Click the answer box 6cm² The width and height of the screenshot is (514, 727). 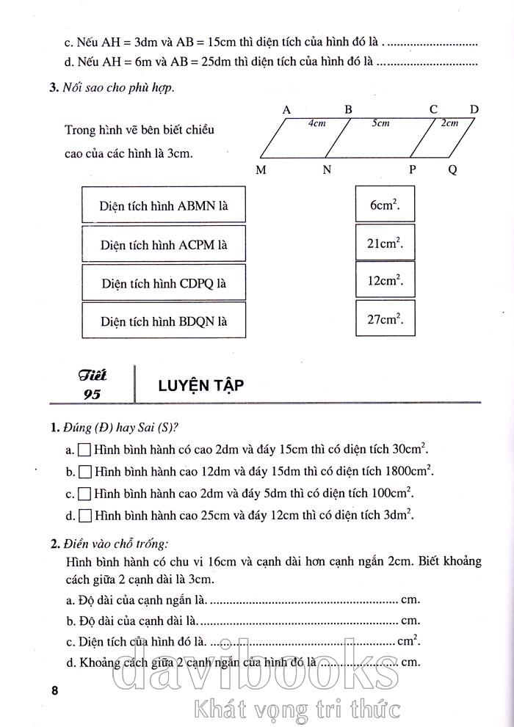tap(385, 205)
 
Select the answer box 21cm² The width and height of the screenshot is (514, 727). tap(385, 244)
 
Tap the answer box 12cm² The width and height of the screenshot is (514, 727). tap(385, 282)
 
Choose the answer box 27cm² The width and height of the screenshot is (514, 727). tap(385, 320)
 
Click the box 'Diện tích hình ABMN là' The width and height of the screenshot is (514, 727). tap(163, 206)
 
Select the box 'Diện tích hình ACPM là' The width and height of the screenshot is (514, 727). tap(163, 244)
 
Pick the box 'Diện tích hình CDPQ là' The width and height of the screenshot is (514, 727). tap(163, 282)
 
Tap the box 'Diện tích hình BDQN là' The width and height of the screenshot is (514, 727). tap(163, 321)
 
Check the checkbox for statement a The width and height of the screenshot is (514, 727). tap(84, 449)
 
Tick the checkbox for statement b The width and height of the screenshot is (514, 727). tap(84, 471)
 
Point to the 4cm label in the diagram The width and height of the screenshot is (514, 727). tap(316, 123)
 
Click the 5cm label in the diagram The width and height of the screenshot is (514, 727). tap(380, 123)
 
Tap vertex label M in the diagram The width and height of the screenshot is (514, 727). tap(261, 170)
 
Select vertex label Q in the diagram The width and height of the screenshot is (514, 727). tap(452, 170)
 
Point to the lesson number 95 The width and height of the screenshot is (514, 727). tap(93, 394)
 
